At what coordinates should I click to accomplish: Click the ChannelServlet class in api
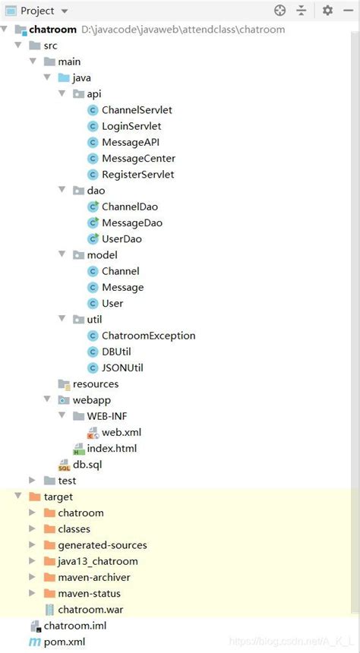pos(136,110)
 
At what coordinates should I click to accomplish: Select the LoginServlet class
pos(131,126)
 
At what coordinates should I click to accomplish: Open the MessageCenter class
pos(137,158)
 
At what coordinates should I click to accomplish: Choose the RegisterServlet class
pos(137,174)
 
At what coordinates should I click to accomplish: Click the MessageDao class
pos(131,222)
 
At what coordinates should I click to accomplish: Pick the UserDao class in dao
pos(122,238)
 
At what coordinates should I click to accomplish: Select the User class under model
pos(112,303)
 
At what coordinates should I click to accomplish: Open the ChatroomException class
pos(147,336)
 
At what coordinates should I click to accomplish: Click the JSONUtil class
pos(122,368)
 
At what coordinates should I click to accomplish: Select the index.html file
pos(111,449)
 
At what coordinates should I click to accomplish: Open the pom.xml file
pos(64,642)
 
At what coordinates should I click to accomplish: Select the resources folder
pos(95,384)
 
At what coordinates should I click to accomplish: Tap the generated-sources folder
pos(102,545)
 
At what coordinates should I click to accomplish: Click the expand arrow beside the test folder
pos(32,481)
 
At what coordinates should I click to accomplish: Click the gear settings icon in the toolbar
pos(327,11)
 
